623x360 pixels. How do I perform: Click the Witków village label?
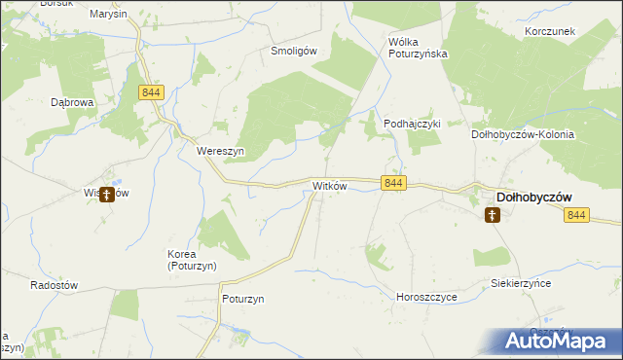pyautogui.click(x=328, y=186)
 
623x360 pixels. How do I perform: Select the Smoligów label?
pyautogui.click(x=295, y=52)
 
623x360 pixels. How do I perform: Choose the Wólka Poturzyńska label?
pyautogui.click(x=418, y=48)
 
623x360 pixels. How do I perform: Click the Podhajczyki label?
pyautogui.click(x=413, y=124)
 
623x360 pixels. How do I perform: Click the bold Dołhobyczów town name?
pyautogui.click(x=533, y=196)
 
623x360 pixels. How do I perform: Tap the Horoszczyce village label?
pyautogui.click(x=426, y=296)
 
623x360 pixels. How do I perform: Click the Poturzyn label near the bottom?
pyautogui.click(x=243, y=299)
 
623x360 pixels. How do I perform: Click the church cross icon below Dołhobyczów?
pyautogui.click(x=493, y=215)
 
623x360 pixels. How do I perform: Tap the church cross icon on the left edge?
pyautogui.click(x=105, y=195)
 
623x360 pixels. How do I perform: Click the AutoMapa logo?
pyautogui.click(x=559, y=341)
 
